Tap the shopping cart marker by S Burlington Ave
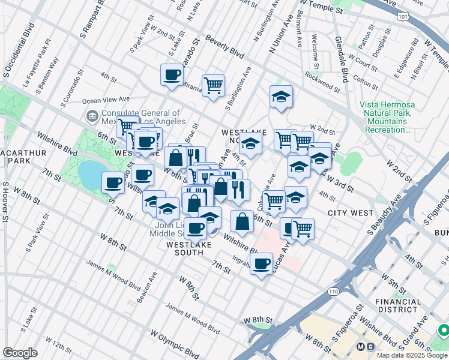(x=213, y=86)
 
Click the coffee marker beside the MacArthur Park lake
(x=113, y=182)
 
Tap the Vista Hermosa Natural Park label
(x=387, y=116)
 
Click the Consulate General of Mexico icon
(x=92, y=116)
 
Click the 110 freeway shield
(x=333, y=291)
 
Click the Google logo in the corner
(x=20, y=352)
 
